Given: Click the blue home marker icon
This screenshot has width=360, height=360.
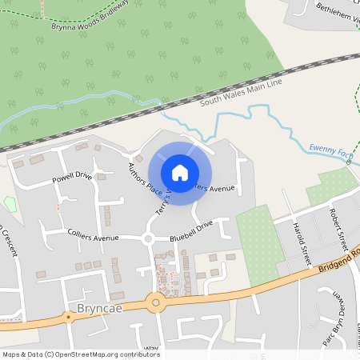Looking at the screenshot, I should pos(179,173).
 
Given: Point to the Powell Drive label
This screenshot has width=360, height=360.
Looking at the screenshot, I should pos(72,177).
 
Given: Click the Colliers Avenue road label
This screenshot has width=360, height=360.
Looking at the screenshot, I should pos(94,238).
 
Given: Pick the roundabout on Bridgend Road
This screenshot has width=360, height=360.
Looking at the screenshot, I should pos(154,302).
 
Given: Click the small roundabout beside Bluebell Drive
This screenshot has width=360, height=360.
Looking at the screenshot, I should pos(147,238).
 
